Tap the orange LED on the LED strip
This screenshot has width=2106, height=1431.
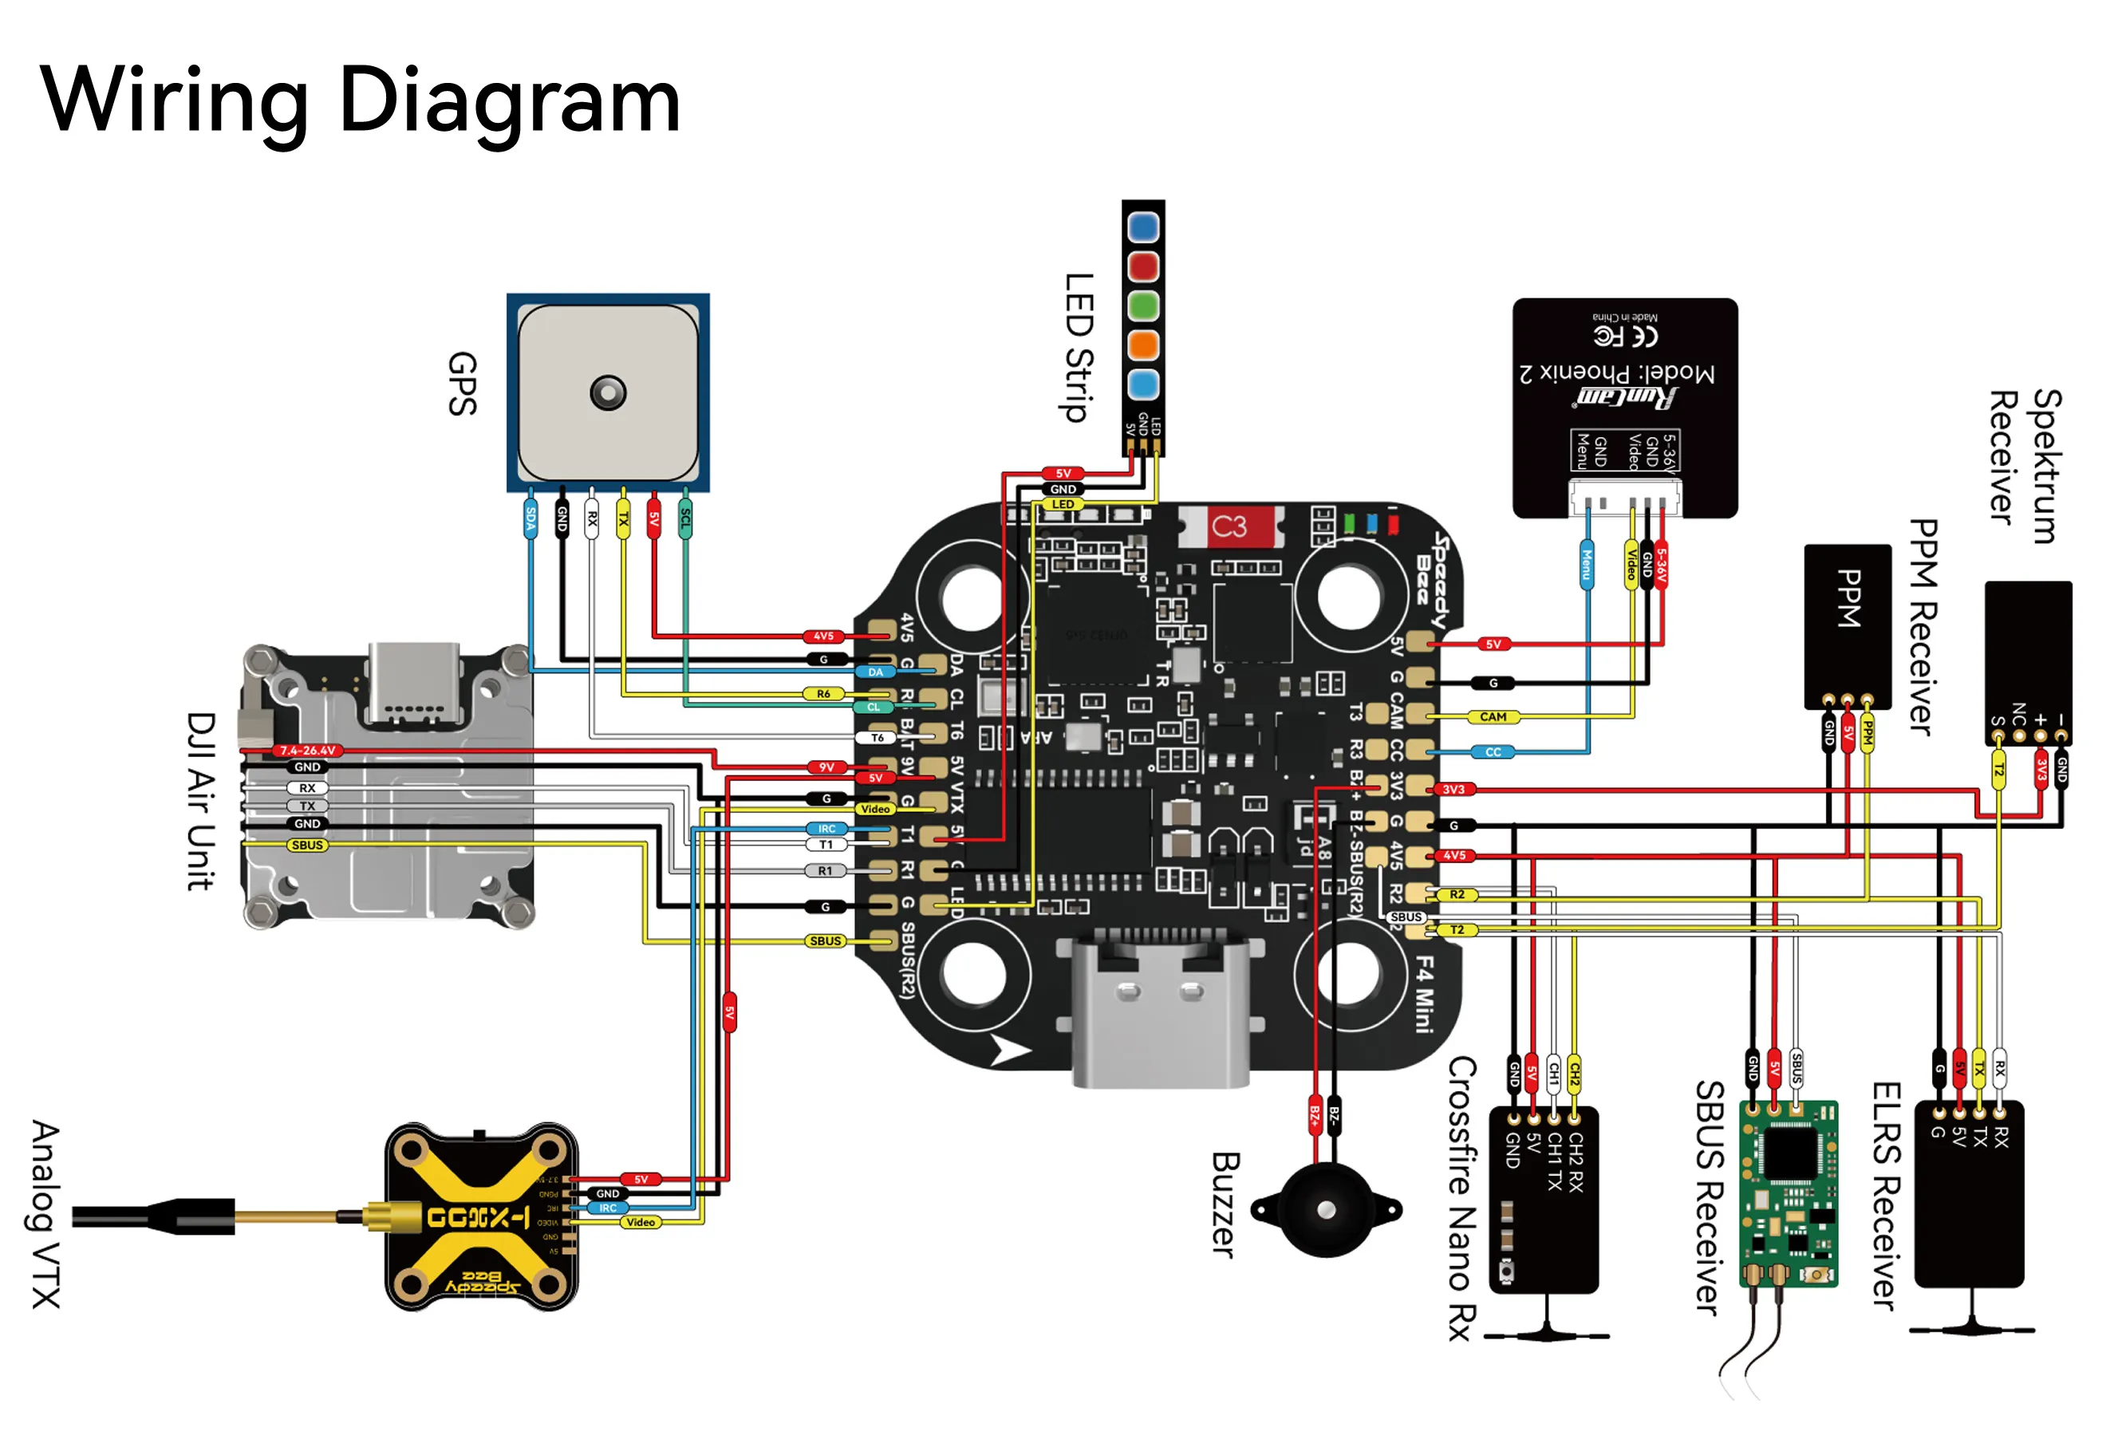[x=1142, y=345]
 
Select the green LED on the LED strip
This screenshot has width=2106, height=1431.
[x=1142, y=306]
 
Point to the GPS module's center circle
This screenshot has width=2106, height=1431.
[x=607, y=393]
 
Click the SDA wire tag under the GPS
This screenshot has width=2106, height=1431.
[x=530, y=518]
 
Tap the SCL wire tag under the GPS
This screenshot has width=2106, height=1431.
[x=685, y=518]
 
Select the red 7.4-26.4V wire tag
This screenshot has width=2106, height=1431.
[x=307, y=751]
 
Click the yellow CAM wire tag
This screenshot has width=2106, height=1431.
[x=1493, y=717]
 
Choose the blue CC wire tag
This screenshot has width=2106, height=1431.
[x=1493, y=752]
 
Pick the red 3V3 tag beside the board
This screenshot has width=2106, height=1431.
[x=1453, y=790]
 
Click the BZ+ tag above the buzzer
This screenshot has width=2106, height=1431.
[x=1314, y=1117]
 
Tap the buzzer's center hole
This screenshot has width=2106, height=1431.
[x=1326, y=1210]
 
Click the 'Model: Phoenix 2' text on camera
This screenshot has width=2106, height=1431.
[x=1617, y=373]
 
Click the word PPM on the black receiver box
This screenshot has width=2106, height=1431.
[x=1848, y=598]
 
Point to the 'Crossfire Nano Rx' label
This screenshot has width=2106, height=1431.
[x=1461, y=1197]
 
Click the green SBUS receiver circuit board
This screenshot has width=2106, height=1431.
[x=1788, y=1192]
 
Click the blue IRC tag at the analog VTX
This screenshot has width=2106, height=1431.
[x=607, y=1208]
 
